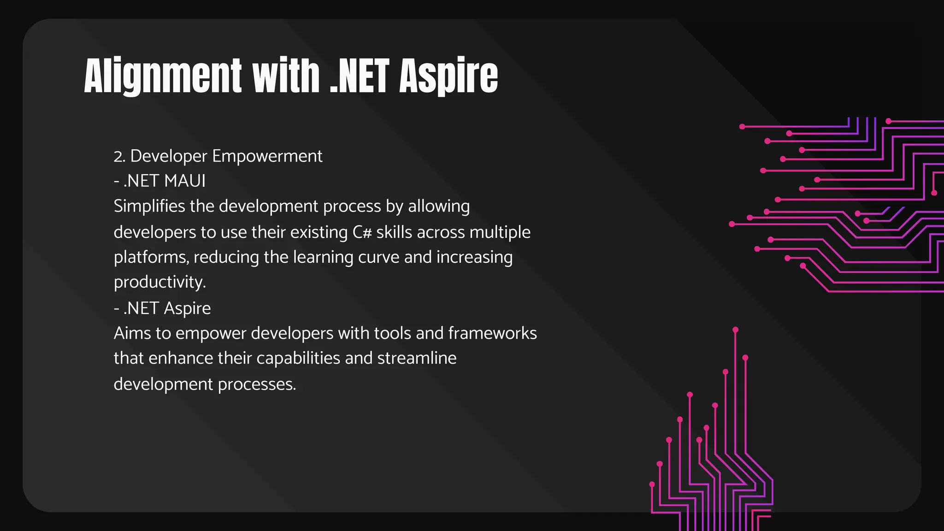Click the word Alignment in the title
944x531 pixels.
(163, 76)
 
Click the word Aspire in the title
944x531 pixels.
(448, 76)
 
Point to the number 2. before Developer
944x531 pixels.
(119, 156)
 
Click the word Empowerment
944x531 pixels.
(267, 156)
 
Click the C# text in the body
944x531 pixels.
(362, 232)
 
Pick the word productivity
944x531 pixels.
(159, 282)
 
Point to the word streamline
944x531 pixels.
(417, 358)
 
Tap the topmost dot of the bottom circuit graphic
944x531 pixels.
(735, 330)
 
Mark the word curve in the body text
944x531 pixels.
(378, 257)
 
